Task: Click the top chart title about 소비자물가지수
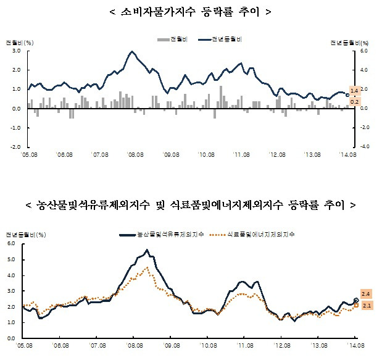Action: (190, 12)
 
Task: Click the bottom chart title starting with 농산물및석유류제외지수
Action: (190, 204)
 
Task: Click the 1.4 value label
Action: (355, 91)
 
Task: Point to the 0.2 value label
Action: (355, 101)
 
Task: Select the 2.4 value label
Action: (365, 293)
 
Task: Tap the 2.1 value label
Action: (365, 305)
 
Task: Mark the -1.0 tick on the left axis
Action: (15, 128)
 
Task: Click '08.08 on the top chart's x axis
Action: (136, 155)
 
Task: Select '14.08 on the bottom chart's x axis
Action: (354, 346)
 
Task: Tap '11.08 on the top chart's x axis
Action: (241, 155)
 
